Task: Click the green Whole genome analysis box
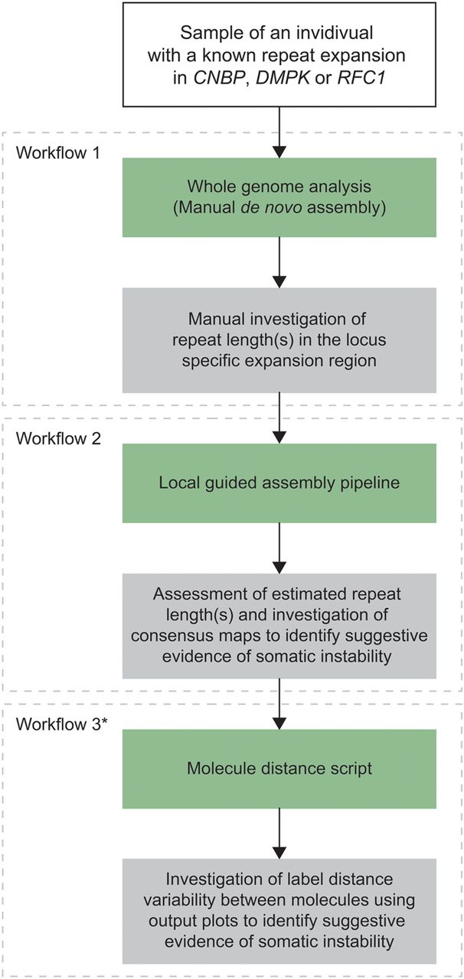point(279,197)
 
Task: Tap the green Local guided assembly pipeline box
point(279,483)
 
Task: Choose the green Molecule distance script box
point(279,769)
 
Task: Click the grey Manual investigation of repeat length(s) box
point(279,340)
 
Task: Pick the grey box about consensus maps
point(279,626)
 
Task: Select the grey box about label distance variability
point(279,911)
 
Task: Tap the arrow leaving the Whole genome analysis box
point(279,262)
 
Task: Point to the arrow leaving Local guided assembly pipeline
point(279,548)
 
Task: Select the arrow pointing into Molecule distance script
point(279,703)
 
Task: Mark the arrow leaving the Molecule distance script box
point(279,833)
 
